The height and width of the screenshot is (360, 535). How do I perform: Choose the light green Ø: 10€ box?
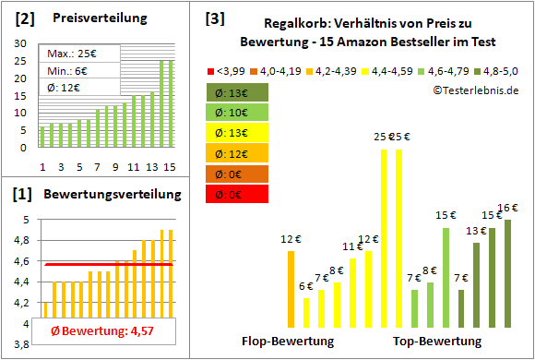click(x=235, y=112)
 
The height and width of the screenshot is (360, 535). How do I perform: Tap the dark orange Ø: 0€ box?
click(x=235, y=174)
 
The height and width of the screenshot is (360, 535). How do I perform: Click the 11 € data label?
click(x=352, y=246)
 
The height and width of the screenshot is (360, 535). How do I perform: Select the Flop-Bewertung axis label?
click(x=287, y=341)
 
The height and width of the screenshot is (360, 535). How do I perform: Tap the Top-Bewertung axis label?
click(x=437, y=341)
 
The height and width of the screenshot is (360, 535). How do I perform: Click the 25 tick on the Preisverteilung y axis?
click(x=22, y=61)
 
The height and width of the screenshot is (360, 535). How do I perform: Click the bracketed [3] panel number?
click(x=214, y=18)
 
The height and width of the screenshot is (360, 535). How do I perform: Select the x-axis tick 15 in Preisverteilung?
click(x=169, y=167)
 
